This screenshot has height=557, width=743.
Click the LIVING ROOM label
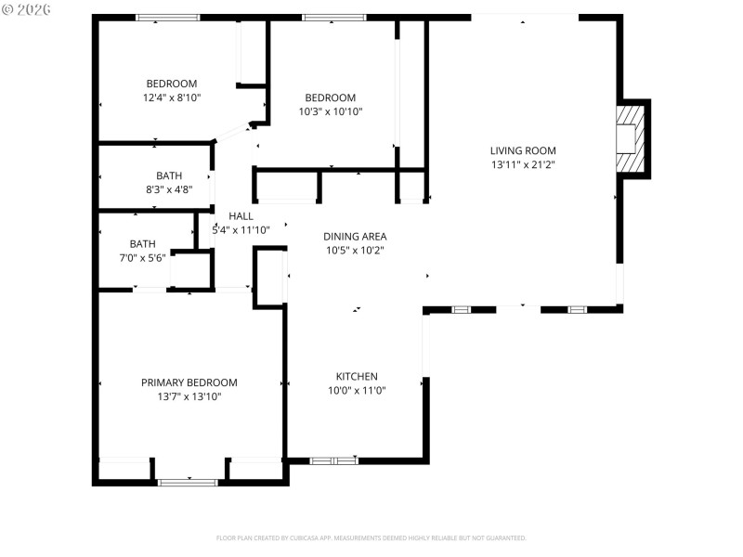pos(523,150)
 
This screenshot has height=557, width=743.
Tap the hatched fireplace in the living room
pos(632,138)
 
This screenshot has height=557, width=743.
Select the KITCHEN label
pos(357,376)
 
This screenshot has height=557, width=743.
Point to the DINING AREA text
pos(355,237)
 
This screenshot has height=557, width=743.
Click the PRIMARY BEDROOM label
pos(189,382)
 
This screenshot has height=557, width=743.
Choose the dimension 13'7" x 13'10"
pos(189,396)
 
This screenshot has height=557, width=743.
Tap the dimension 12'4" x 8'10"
pos(172,97)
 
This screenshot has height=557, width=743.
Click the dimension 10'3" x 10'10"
pos(331,111)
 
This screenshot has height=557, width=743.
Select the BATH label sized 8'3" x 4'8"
pos(169,175)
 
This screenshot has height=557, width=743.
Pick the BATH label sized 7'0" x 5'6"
pos(142,244)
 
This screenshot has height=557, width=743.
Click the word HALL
pos(241,216)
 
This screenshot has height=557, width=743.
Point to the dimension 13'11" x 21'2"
pos(523,164)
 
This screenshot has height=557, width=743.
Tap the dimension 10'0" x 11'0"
pos(357,390)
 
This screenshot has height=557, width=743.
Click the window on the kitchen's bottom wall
pos(333,460)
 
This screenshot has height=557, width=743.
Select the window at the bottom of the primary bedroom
pos(189,482)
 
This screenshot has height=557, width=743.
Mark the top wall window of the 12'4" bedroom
pos(168,18)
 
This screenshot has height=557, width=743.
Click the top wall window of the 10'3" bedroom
pos(333,18)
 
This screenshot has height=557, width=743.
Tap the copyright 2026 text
pos(26,8)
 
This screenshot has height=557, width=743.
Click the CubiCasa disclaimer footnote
pos(371,538)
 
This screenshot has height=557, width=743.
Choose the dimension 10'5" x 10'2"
pos(355,250)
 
